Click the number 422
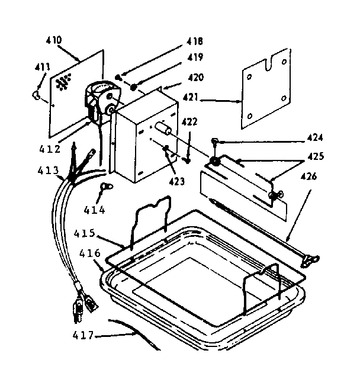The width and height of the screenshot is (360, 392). tap(189, 123)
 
